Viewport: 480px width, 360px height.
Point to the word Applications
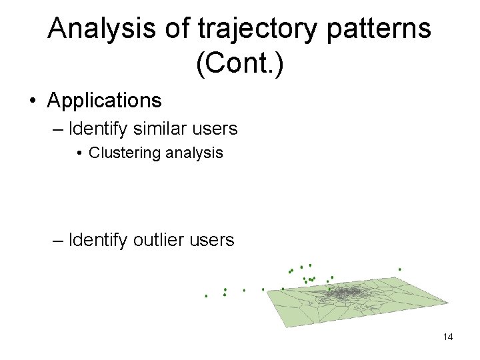pos(104,101)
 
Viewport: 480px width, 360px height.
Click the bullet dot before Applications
pos(32,101)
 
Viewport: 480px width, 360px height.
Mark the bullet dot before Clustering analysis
pos(79,153)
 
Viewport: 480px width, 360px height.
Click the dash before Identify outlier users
pos(58,240)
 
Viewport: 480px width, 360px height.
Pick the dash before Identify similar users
pos(58,128)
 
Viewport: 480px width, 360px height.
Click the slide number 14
pos(447,337)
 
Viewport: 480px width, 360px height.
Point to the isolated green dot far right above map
pos(399,269)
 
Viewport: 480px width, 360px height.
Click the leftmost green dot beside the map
pos(206,295)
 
